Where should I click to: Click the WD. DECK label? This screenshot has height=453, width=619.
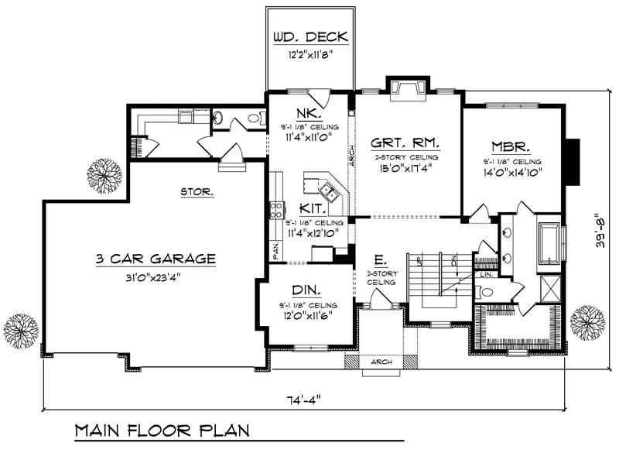[310, 37]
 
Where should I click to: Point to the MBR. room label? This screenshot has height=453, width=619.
[510, 146]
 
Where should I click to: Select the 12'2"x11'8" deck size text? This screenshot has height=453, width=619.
[310, 55]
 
